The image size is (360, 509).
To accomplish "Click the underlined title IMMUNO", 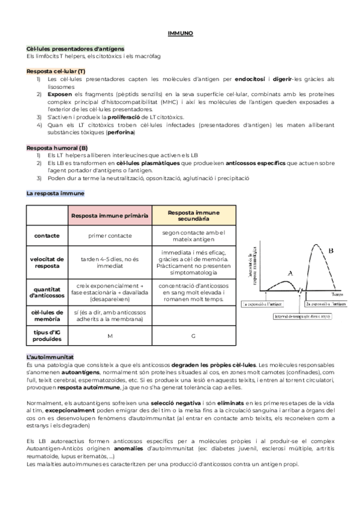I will [179, 35].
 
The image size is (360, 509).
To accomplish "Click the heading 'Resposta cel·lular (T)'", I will [56, 71].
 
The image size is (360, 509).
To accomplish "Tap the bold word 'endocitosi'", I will [250, 79].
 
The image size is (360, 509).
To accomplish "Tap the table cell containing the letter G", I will [193, 336].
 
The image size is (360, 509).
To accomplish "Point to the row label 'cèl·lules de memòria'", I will [47, 315].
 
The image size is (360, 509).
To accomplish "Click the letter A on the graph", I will [290, 273].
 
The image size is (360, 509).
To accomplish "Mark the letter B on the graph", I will [331, 250].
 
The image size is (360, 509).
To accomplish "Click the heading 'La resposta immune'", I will [55, 193].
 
